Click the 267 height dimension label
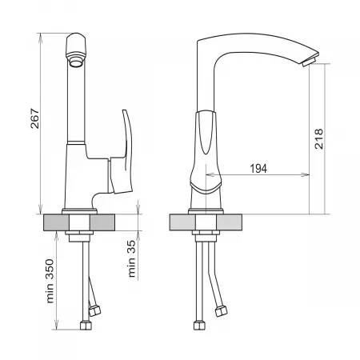(34, 118)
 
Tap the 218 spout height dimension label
(318, 138)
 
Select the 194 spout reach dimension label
(258, 169)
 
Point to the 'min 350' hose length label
(50, 281)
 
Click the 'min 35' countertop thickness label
(131, 258)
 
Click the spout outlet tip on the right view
(310, 60)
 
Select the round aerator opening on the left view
(77, 63)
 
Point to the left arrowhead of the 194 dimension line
(210, 174)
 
